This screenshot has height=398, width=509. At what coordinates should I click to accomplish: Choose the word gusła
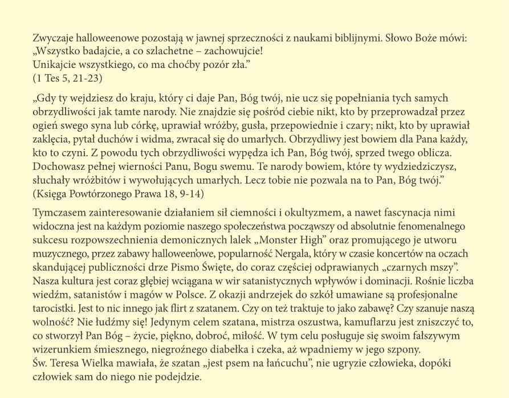[233, 125]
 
